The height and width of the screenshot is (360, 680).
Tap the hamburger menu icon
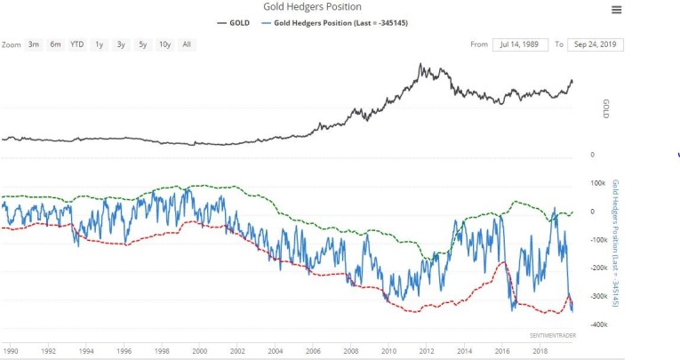[617, 10]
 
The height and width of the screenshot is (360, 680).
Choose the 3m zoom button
[34, 44]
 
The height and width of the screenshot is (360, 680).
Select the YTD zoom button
[76, 44]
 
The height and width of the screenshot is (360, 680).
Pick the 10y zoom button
[164, 44]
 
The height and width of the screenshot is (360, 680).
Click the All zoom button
[187, 44]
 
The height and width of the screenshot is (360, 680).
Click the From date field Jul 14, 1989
[520, 44]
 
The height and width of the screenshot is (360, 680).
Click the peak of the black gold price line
[420, 64]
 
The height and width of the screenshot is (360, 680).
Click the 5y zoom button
[141, 44]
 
